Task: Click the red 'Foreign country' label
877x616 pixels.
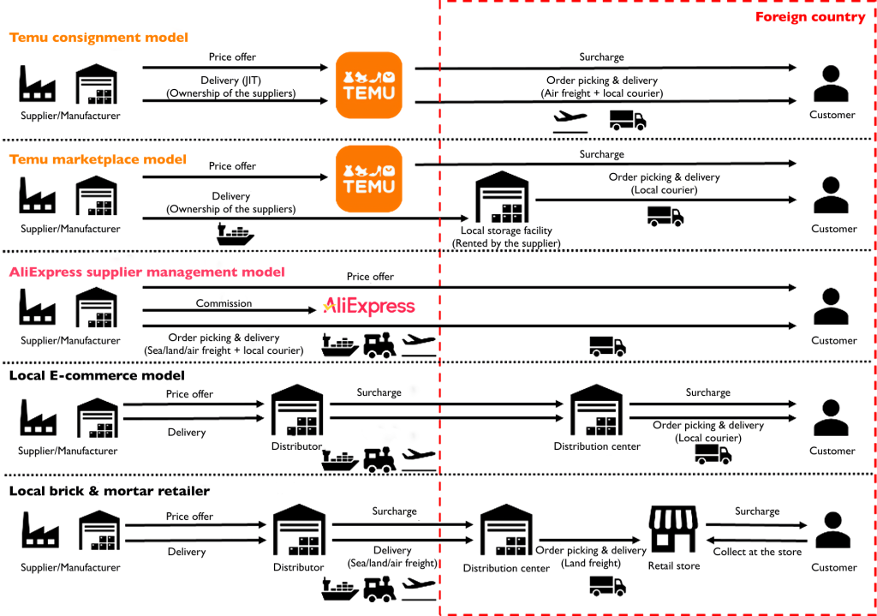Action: tap(809, 17)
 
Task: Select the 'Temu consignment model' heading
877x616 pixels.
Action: tap(98, 38)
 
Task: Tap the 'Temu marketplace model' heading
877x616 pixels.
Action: tap(98, 159)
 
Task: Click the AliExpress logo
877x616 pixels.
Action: tap(368, 307)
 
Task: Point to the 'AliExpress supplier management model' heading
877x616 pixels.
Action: tap(146, 272)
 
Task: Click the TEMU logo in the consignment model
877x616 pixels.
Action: tap(368, 85)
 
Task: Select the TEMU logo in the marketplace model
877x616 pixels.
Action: tap(368, 179)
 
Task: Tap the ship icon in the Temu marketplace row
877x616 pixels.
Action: tap(235, 235)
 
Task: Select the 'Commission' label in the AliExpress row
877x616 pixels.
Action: tap(224, 303)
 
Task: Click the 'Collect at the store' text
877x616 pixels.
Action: tap(757, 552)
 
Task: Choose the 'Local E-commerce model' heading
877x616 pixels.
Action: tap(97, 375)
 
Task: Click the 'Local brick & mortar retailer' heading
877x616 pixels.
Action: tap(109, 491)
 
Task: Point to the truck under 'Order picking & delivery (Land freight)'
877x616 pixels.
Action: tap(607, 585)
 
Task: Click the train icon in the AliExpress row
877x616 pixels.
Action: tap(379, 344)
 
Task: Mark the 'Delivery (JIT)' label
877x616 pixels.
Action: tap(231, 80)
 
